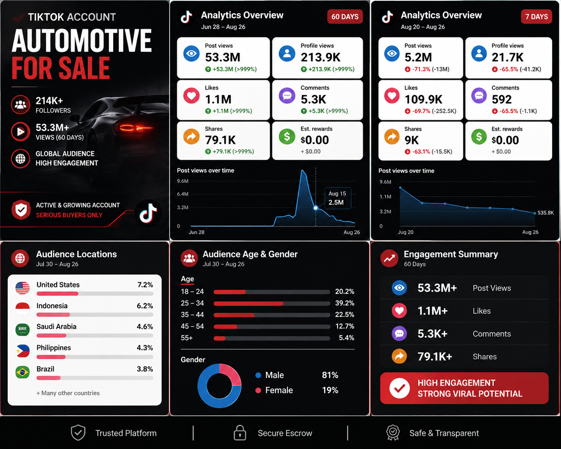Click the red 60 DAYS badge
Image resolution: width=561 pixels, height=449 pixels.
pyautogui.click(x=345, y=17)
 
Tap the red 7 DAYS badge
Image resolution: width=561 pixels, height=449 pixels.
pyautogui.click(x=536, y=17)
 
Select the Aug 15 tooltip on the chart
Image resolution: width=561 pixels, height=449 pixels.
pyautogui.click(x=338, y=198)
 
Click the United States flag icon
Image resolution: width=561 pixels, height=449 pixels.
pyautogui.click(x=22, y=288)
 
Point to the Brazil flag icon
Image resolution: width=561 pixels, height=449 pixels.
pyautogui.click(x=22, y=372)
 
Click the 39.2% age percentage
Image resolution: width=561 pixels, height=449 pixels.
pyautogui.click(x=345, y=303)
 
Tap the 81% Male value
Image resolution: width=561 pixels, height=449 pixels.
pyautogui.click(x=330, y=375)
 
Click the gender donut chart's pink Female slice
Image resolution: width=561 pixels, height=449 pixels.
pyautogui.click(x=231, y=373)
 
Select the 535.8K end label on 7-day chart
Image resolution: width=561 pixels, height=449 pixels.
pyautogui.click(x=546, y=213)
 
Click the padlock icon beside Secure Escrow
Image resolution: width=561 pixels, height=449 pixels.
pyautogui.click(x=240, y=433)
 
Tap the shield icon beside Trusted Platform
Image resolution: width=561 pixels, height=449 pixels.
pyautogui.click(x=78, y=433)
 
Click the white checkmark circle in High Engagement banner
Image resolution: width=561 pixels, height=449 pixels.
pyautogui.click(x=399, y=388)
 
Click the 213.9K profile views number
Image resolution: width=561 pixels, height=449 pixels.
pyautogui.click(x=321, y=57)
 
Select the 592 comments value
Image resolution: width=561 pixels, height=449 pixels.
pyautogui.click(x=501, y=99)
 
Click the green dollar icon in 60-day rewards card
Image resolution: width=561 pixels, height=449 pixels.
pyautogui.click(x=287, y=136)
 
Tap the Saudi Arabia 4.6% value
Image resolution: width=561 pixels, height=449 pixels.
pyautogui.click(x=145, y=327)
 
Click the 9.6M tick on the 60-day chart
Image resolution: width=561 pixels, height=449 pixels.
pyautogui.click(x=182, y=181)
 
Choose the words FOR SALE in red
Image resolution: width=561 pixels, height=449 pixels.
pyautogui.click(x=61, y=68)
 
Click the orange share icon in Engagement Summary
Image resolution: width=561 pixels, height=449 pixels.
pyautogui.click(x=399, y=356)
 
